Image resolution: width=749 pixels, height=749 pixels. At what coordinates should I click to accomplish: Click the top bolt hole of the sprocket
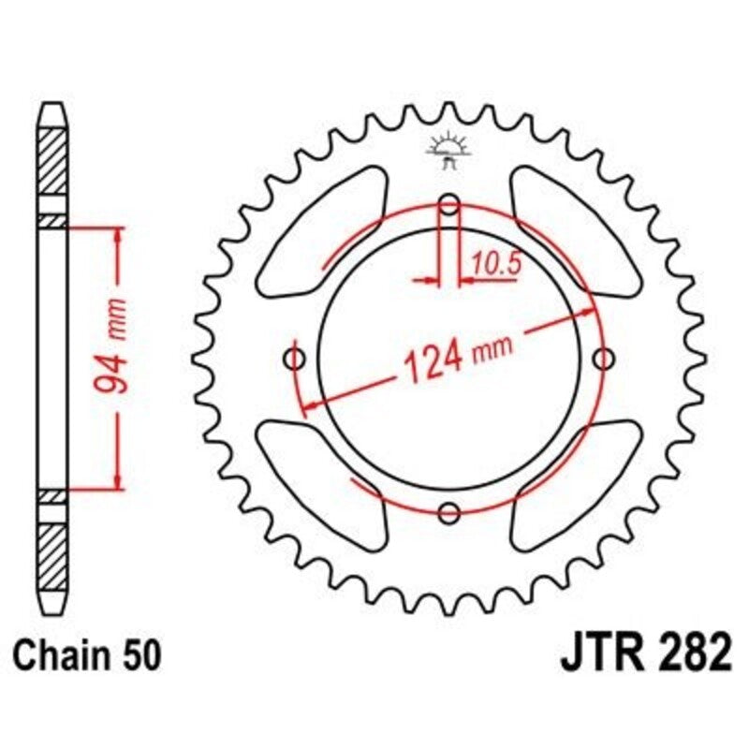click(448, 203)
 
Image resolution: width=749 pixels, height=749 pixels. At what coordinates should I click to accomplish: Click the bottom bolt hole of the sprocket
click(448, 512)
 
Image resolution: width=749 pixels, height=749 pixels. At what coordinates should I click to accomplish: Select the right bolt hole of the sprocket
click(603, 358)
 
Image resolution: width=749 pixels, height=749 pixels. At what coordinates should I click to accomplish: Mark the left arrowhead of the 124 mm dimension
click(305, 404)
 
